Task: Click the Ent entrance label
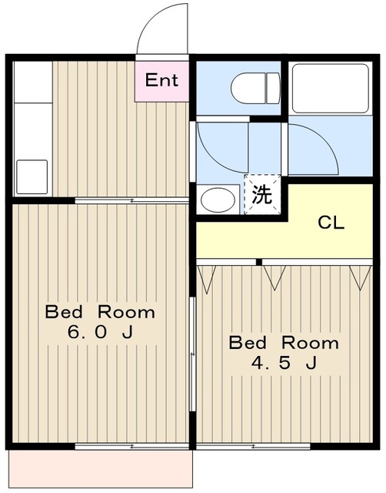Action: coord(161,80)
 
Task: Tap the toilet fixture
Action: coord(255,88)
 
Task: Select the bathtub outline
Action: coord(331,89)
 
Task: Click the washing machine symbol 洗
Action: coord(262,194)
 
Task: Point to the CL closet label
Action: coord(331,223)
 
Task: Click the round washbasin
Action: coord(218,200)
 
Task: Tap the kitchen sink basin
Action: coord(32,176)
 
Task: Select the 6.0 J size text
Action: coord(100,332)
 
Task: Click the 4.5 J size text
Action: coord(284,363)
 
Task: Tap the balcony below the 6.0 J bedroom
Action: coord(101,469)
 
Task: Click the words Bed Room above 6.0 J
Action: coord(100,312)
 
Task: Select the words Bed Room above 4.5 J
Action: coord(284,342)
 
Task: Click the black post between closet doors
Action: coord(258,262)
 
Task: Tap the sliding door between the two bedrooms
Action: coord(193,354)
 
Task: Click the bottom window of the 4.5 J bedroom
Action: coord(254,446)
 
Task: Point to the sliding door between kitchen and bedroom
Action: coord(131,200)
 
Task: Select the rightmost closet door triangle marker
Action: coord(361,277)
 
